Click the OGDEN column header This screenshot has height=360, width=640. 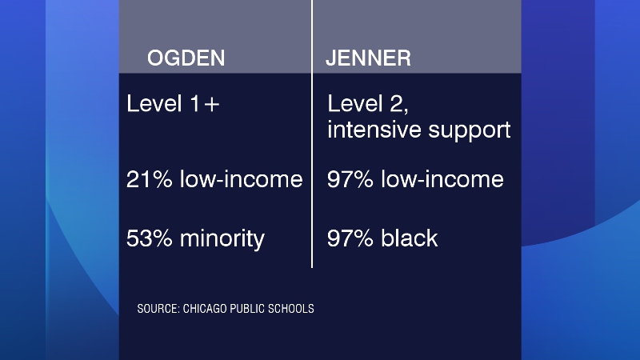[x=186, y=58]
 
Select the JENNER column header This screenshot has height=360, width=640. [x=368, y=58]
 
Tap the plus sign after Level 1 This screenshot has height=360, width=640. [x=212, y=105]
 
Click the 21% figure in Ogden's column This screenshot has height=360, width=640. [x=149, y=179]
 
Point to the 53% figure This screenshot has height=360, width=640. [x=149, y=238]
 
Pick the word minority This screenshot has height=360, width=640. [x=222, y=239]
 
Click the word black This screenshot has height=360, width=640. [x=410, y=238]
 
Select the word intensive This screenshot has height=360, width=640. [x=374, y=130]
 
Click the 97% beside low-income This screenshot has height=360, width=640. [x=350, y=179]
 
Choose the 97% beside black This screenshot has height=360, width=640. [x=350, y=238]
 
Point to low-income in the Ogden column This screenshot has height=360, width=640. [x=242, y=179]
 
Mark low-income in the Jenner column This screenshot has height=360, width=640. [x=442, y=179]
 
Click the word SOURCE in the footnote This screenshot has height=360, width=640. [x=158, y=309]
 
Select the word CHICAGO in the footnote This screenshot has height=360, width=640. [x=205, y=309]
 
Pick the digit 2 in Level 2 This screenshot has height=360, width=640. [x=398, y=105]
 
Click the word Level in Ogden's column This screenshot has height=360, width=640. [x=154, y=104]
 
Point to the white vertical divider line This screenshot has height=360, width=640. [x=312, y=134]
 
